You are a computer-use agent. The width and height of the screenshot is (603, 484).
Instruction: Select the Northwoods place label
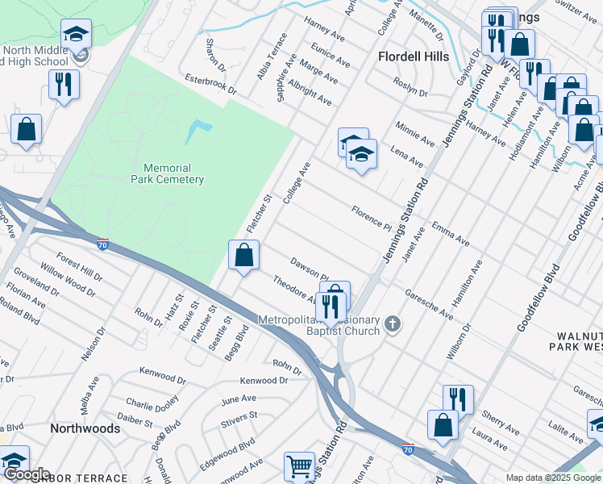point(85,428)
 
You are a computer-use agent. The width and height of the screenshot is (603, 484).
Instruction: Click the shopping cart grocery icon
point(299,466)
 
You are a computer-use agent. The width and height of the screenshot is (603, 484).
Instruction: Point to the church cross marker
point(392,325)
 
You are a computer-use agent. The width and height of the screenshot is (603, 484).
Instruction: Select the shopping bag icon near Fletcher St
point(243,256)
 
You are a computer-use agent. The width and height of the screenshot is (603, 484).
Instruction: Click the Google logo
point(27,475)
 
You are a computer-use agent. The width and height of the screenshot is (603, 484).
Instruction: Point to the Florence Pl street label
point(371,215)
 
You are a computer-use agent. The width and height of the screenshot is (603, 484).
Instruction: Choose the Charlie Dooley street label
point(151,403)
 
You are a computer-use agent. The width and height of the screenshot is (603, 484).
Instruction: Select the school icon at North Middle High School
point(77,35)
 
